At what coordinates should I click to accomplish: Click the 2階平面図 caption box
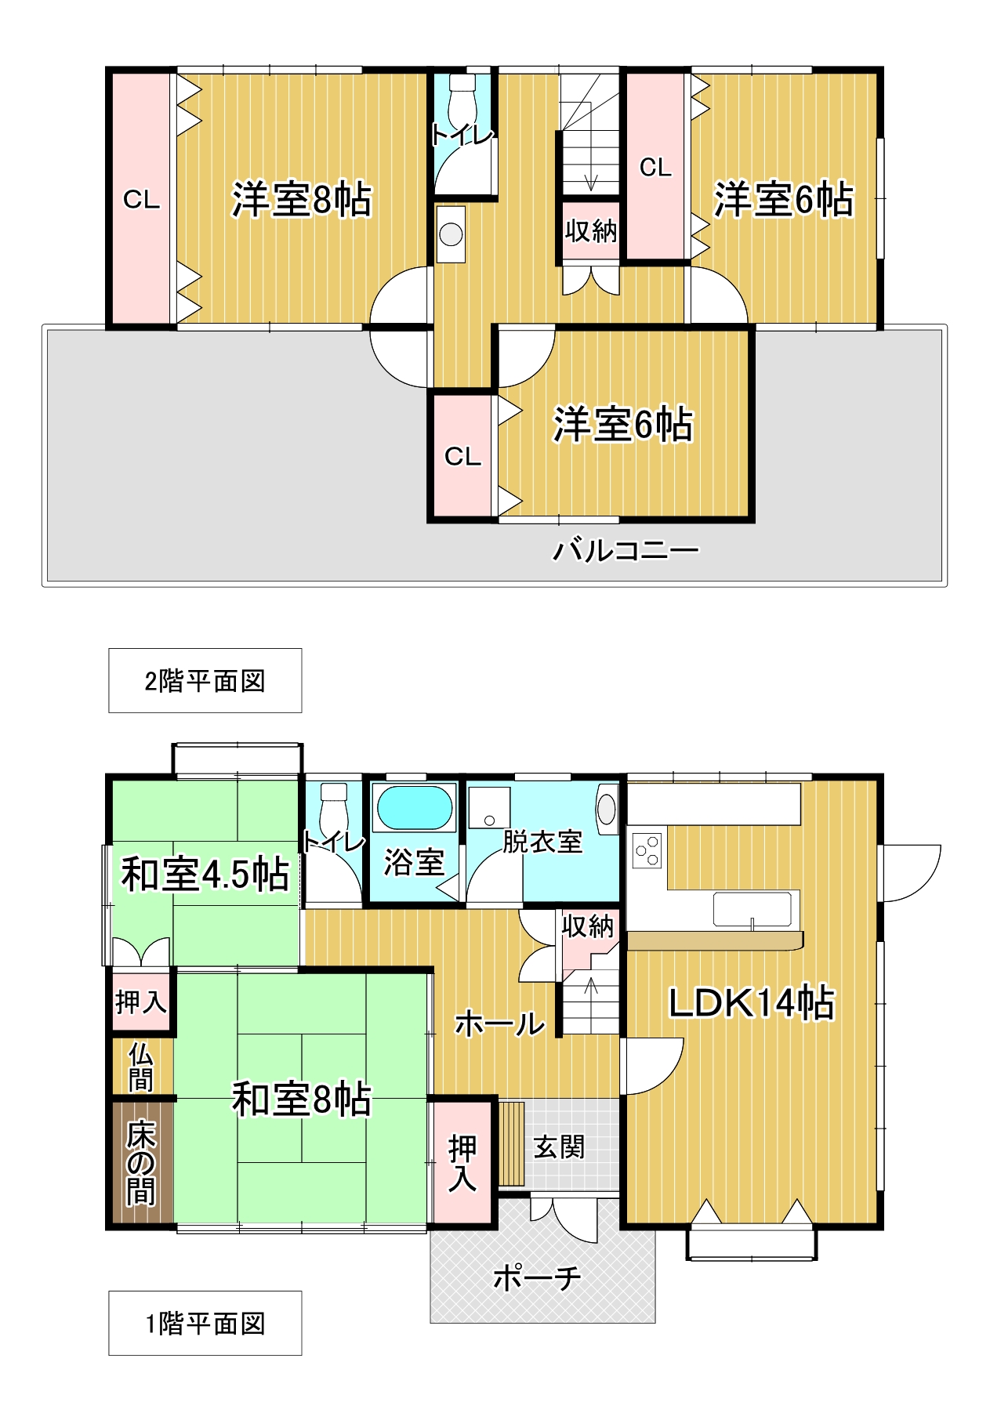205,680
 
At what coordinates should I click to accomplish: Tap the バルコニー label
626,551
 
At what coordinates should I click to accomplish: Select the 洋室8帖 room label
302,200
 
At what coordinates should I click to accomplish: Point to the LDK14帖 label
751,1003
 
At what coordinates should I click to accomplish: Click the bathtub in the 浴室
415,807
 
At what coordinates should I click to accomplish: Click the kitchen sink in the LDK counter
752,909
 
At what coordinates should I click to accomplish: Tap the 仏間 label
141,1067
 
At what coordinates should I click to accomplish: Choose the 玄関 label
559,1147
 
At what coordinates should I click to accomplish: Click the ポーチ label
538,1278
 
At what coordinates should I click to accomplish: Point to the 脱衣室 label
542,842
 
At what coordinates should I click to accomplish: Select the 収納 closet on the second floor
591,231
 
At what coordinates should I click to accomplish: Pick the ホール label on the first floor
499,1023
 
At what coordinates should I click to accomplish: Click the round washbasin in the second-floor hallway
451,234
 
